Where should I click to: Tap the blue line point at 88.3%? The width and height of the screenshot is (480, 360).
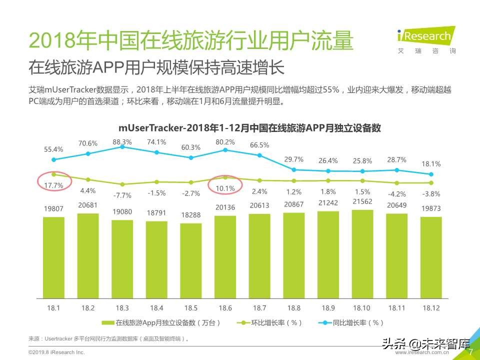click(122, 146)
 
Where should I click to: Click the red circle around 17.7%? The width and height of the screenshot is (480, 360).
click(53, 179)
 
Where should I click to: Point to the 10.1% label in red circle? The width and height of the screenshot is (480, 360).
click(225, 188)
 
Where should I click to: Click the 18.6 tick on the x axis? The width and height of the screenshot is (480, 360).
click(225, 308)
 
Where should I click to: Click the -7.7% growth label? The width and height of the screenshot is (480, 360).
click(122, 194)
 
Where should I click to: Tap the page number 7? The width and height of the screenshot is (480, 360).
click(470, 352)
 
